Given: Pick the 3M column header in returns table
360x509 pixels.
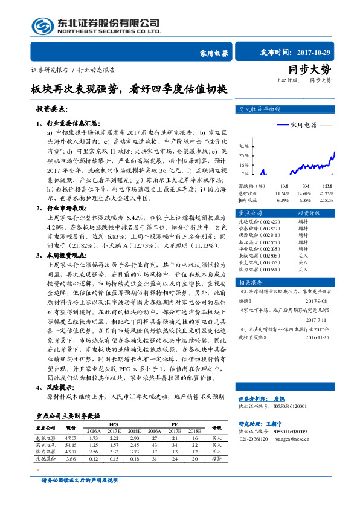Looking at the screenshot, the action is tap(306, 186).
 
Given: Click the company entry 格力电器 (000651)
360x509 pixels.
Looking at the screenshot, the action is tap(259, 270).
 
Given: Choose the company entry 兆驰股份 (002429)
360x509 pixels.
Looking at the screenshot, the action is tap(259, 222).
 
